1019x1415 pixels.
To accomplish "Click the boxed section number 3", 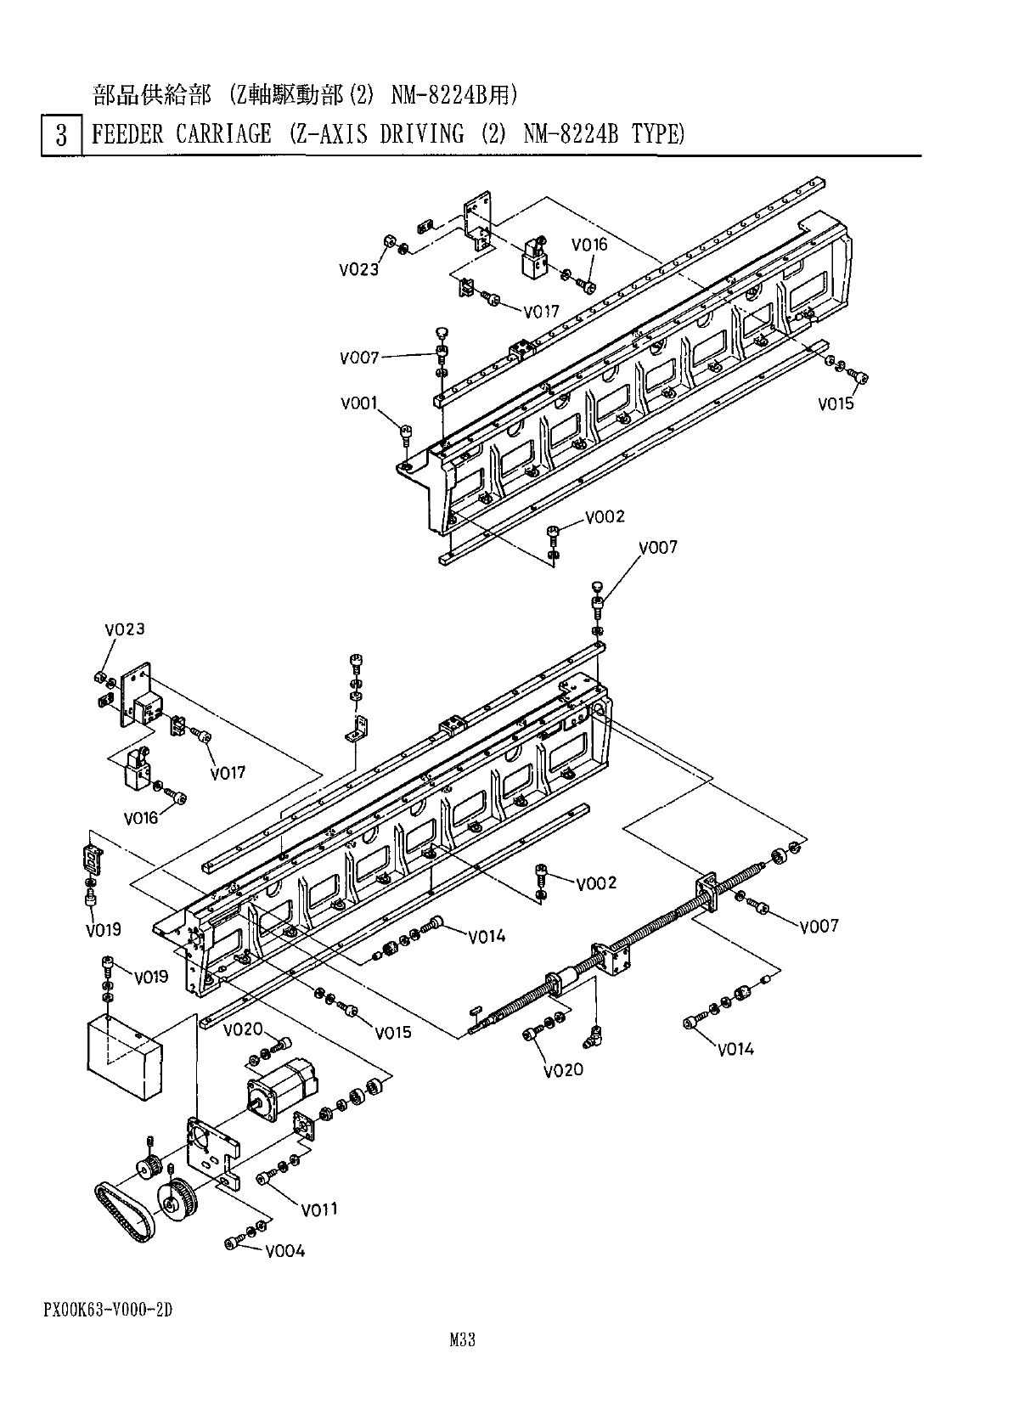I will click(x=61, y=136).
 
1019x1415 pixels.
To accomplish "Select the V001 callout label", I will click(x=359, y=403).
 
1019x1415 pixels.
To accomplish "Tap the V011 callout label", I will click(x=319, y=1209).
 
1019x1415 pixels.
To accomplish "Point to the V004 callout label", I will click(x=284, y=1251).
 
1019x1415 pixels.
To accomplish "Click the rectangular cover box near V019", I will click(x=124, y=1050).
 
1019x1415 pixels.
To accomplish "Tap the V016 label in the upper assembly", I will click(x=589, y=245).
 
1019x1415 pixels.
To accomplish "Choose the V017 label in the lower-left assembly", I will click(x=228, y=773).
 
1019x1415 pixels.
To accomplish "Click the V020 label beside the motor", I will click(x=244, y=1030).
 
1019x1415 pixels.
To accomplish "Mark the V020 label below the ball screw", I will click(x=564, y=1069).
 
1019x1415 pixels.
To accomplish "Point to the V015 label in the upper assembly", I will click(x=836, y=404).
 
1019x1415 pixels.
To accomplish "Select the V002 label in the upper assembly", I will click(x=605, y=516).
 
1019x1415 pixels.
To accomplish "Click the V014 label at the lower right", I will click(x=735, y=1049).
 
